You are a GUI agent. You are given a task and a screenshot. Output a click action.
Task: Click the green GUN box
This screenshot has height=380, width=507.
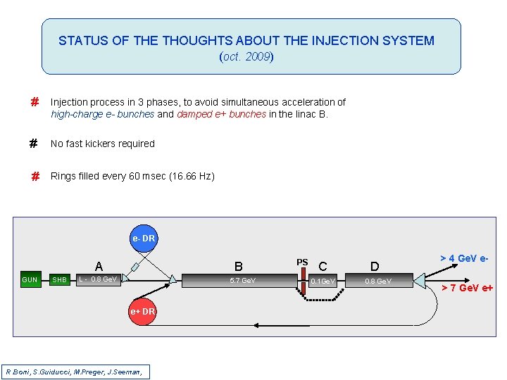(30, 280)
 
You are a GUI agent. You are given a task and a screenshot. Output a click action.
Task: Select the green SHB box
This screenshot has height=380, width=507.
(60, 280)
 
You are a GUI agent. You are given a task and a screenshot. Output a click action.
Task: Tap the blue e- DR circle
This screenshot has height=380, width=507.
(143, 239)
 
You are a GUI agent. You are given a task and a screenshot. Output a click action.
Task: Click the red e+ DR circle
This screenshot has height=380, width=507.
(142, 311)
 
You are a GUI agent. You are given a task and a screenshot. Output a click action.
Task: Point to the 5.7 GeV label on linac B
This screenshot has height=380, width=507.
(242, 281)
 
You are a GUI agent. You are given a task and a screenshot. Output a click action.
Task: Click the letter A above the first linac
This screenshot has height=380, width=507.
(99, 267)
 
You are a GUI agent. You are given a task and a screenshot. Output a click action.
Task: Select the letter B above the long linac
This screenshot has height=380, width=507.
(239, 267)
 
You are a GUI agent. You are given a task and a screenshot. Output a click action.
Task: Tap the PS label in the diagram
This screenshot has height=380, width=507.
(302, 262)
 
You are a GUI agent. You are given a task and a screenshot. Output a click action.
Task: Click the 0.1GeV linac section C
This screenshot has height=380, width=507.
(325, 281)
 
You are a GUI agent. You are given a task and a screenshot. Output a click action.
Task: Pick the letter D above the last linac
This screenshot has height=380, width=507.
(375, 267)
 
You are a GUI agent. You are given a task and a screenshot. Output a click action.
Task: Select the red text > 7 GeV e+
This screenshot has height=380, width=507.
(467, 287)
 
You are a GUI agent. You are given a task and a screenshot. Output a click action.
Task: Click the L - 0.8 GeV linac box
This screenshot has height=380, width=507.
(99, 280)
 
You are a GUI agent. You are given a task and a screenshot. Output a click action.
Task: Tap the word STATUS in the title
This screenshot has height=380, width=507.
(83, 41)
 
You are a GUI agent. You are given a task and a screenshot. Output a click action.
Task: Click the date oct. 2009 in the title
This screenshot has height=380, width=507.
(246, 57)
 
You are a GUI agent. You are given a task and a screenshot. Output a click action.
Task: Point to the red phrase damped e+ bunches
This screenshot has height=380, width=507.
(221, 114)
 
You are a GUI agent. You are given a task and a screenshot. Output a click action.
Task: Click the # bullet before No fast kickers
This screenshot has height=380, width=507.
(33, 144)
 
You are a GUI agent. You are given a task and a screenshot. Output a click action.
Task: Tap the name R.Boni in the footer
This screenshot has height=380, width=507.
(19, 371)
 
